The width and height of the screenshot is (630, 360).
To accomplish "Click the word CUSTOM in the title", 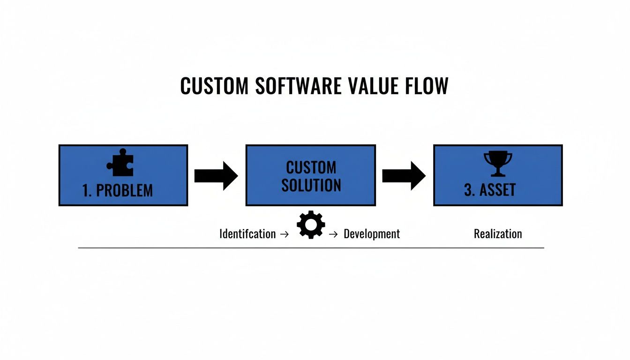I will point(214,86).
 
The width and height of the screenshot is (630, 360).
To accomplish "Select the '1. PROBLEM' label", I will point(117,190).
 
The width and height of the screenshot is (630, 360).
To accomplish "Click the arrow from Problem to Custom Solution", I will point(216,176).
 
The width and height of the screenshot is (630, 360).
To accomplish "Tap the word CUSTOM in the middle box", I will point(311,167).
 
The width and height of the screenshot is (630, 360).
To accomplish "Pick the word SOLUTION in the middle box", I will point(311,185).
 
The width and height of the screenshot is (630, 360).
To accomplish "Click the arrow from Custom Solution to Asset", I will point(404,176).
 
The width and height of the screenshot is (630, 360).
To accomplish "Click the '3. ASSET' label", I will point(490,190).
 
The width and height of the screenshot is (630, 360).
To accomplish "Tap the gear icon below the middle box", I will point(311,225).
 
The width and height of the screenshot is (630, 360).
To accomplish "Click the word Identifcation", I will point(247,234).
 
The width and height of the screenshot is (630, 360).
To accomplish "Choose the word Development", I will point(372,234).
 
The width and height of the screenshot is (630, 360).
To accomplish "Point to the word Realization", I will point(498,233).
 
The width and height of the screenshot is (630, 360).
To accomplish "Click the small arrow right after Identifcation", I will point(284,234).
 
